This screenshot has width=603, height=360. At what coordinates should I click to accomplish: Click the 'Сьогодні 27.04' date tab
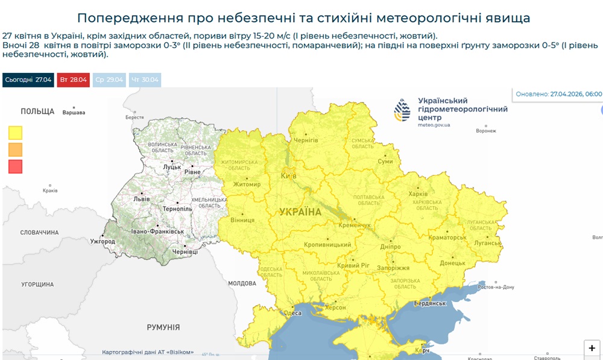pyautogui.click(x=28, y=80)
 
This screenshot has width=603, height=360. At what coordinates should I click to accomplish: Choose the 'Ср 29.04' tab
pyautogui.click(x=109, y=80)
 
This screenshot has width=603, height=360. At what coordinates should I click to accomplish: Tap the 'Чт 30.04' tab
pyautogui.click(x=145, y=80)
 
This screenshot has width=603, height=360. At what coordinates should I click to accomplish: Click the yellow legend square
pyautogui.click(x=16, y=132)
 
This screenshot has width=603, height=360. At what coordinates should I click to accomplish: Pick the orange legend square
pyautogui.click(x=16, y=149)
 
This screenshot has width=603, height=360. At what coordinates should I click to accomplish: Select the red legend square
pyautogui.click(x=16, y=166)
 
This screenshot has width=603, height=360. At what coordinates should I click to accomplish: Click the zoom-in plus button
pyautogui.click(x=592, y=348)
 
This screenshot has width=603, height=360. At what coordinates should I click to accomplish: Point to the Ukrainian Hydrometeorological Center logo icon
pyautogui.click(x=402, y=111)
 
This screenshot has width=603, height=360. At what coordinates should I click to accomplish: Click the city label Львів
pyautogui.click(x=142, y=198)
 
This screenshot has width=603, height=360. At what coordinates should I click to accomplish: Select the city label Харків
pyautogui.click(x=418, y=194)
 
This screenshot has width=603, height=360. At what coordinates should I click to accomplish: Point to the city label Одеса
pyautogui.click(x=292, y=313)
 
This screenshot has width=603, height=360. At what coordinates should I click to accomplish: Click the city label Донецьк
pyautogui.click(x=452, y=263)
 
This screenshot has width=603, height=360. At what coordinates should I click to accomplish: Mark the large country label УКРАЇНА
pyautogui.click(x=300, y=212)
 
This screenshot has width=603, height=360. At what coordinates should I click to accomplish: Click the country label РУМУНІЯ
pyautogui.click(x=163, y=327)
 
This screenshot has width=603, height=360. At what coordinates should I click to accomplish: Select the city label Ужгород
pyautogui.click(x=103, y=242)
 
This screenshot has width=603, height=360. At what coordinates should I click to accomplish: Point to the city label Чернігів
pyautogui.click(x=305, y=140)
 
